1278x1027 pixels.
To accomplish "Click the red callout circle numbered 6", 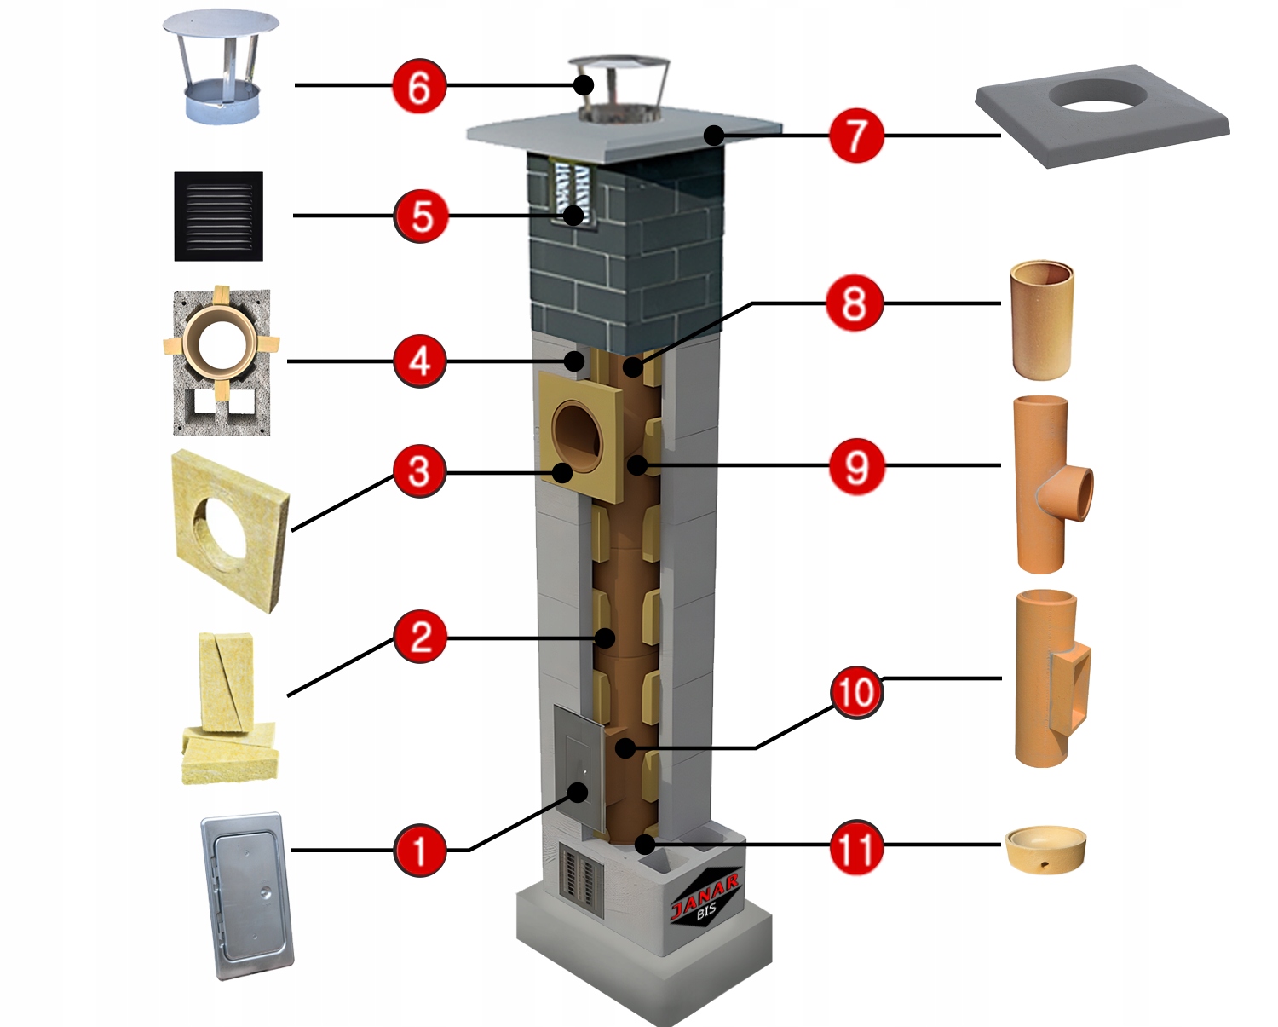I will click(x=419, y=86).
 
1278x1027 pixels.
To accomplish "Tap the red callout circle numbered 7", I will click(x=856, y=136).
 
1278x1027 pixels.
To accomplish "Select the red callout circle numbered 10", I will click(x=856, y=692).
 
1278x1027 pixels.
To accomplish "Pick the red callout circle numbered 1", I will click(x=419, y=850).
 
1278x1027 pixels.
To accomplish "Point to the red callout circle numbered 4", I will click(x=419, y=361).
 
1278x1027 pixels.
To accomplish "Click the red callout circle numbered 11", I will click(x=856, y=847).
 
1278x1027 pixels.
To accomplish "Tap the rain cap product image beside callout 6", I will click(x=221, y=68).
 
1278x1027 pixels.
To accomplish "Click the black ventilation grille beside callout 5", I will click(x=219, y=216).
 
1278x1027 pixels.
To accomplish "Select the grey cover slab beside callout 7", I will click(x=1102, y=114).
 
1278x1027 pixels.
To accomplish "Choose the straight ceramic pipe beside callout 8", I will click(x=1041, y=320).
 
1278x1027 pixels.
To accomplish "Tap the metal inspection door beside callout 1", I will click(x=247, y=895).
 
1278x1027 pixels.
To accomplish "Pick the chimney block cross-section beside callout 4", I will click(x=222, y=361).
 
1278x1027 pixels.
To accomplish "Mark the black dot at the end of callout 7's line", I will click(x=714, y=135).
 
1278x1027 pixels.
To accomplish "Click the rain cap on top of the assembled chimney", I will click(x=619, y=88).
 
